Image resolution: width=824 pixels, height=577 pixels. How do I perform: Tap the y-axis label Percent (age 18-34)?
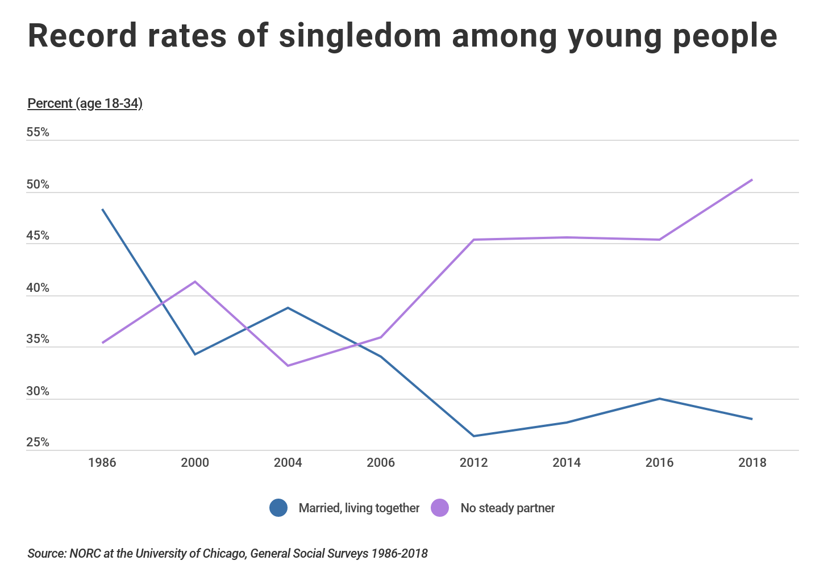[x=85, y=103]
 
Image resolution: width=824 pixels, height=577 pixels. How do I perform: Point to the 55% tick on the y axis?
[x=38, y=132]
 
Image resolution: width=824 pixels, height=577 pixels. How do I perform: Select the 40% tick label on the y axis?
[x=38, y=288]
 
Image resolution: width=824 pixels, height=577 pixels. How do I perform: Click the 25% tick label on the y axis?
[x=38, y=442]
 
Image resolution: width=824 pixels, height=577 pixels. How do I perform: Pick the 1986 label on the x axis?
[x=102, y=462]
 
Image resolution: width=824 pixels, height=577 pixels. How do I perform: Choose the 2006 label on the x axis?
[x=381, y=462]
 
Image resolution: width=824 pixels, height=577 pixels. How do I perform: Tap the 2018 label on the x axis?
[x=752, y=462]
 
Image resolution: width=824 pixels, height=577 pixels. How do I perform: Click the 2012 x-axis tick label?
[x=473, y=462]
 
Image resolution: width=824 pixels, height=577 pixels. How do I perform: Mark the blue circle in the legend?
[x=278, y=508]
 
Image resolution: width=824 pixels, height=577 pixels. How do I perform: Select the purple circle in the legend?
[x=440, y=508]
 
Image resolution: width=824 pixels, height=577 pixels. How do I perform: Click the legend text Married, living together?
[x=359, y=508]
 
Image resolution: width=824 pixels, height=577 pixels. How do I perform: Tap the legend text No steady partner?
[x=507, y=508]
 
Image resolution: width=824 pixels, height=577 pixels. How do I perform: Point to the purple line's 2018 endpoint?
[x=752, y=180]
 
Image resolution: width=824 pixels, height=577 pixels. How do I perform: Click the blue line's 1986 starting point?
[x=102, y=210]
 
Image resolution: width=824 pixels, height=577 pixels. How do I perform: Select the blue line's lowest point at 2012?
[x=473, y=436]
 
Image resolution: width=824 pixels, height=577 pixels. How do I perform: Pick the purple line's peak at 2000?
[x=195, y=282]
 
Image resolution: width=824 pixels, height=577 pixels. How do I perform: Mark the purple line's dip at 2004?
[x=288, y=366]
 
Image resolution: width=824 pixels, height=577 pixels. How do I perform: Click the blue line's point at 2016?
[x=659, y=399]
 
